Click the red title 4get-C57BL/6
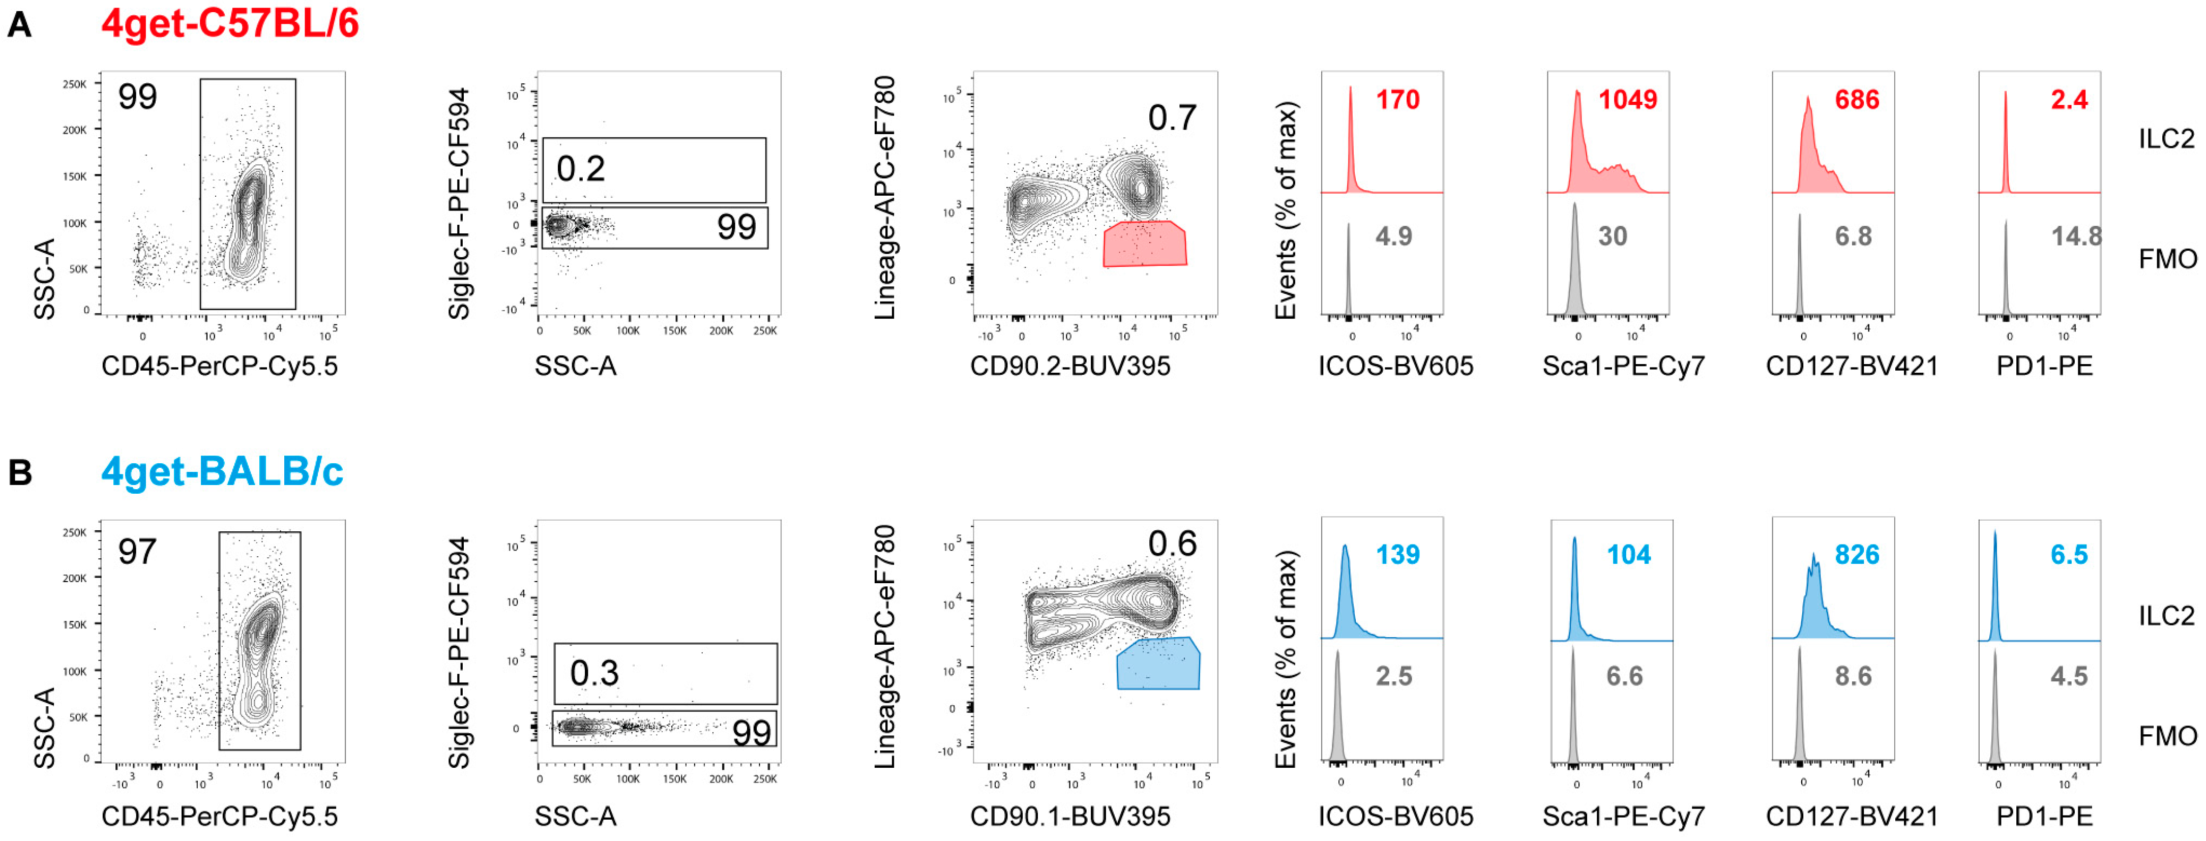click(229, 24)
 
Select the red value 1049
click(1627, 100)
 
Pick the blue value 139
click(1397, 555)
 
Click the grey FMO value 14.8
click(2076, 236)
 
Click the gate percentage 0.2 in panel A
click(581, 169)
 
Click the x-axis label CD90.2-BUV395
click(1069, 367)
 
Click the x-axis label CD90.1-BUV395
click(1069, 816)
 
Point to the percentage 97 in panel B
click(137, 552)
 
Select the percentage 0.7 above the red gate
click(1172, 118)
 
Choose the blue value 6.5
click(2068, 555)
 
